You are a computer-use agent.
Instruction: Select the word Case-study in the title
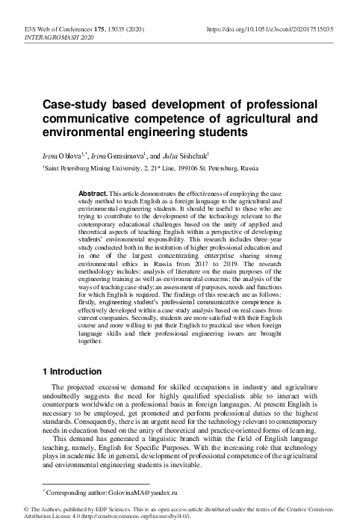tap(72, 104)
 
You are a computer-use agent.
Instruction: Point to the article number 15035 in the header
tap(129, 28)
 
